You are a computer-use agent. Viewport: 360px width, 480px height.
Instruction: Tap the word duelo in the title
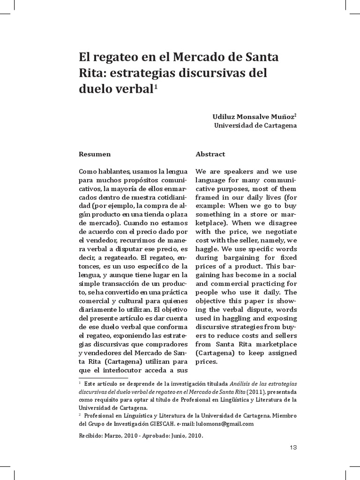(97, 89)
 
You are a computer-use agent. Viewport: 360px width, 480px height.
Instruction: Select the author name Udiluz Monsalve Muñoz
(253, 116)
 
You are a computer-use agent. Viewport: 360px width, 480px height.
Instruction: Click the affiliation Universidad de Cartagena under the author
(255, 125)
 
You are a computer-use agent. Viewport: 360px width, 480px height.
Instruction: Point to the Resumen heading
(95, 154)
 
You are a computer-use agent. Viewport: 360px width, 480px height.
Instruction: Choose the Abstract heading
(210, 154)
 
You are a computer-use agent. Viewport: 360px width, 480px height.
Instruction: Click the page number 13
(293, 447)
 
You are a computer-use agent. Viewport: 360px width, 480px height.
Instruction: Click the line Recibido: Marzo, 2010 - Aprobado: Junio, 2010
(141, 435)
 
